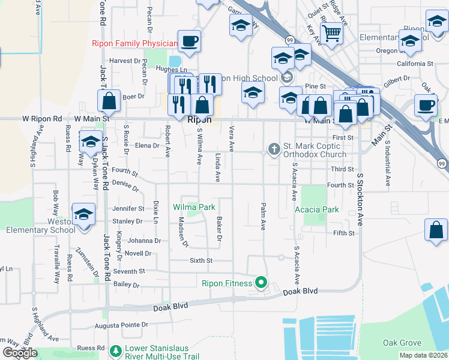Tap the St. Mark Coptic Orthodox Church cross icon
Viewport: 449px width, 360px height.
274,148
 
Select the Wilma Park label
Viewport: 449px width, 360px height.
194,207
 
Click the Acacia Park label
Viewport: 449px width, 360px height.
317,209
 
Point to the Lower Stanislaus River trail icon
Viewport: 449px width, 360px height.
116,350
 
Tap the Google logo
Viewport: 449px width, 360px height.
20,353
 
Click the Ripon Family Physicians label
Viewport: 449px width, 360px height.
134,43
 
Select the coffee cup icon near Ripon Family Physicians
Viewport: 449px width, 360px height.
189,41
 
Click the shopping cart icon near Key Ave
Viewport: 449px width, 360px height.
331,35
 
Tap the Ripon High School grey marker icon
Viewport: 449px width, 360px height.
286,77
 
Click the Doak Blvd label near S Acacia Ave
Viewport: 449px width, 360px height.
300,291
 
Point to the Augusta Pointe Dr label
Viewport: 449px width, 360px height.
121,325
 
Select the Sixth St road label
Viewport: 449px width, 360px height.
201,260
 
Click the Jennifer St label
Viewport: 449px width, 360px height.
128,209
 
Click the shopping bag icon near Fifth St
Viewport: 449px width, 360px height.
436,230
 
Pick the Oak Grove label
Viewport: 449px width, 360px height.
402,343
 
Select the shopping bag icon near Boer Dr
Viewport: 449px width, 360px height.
109,101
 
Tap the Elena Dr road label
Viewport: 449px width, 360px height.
147,145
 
